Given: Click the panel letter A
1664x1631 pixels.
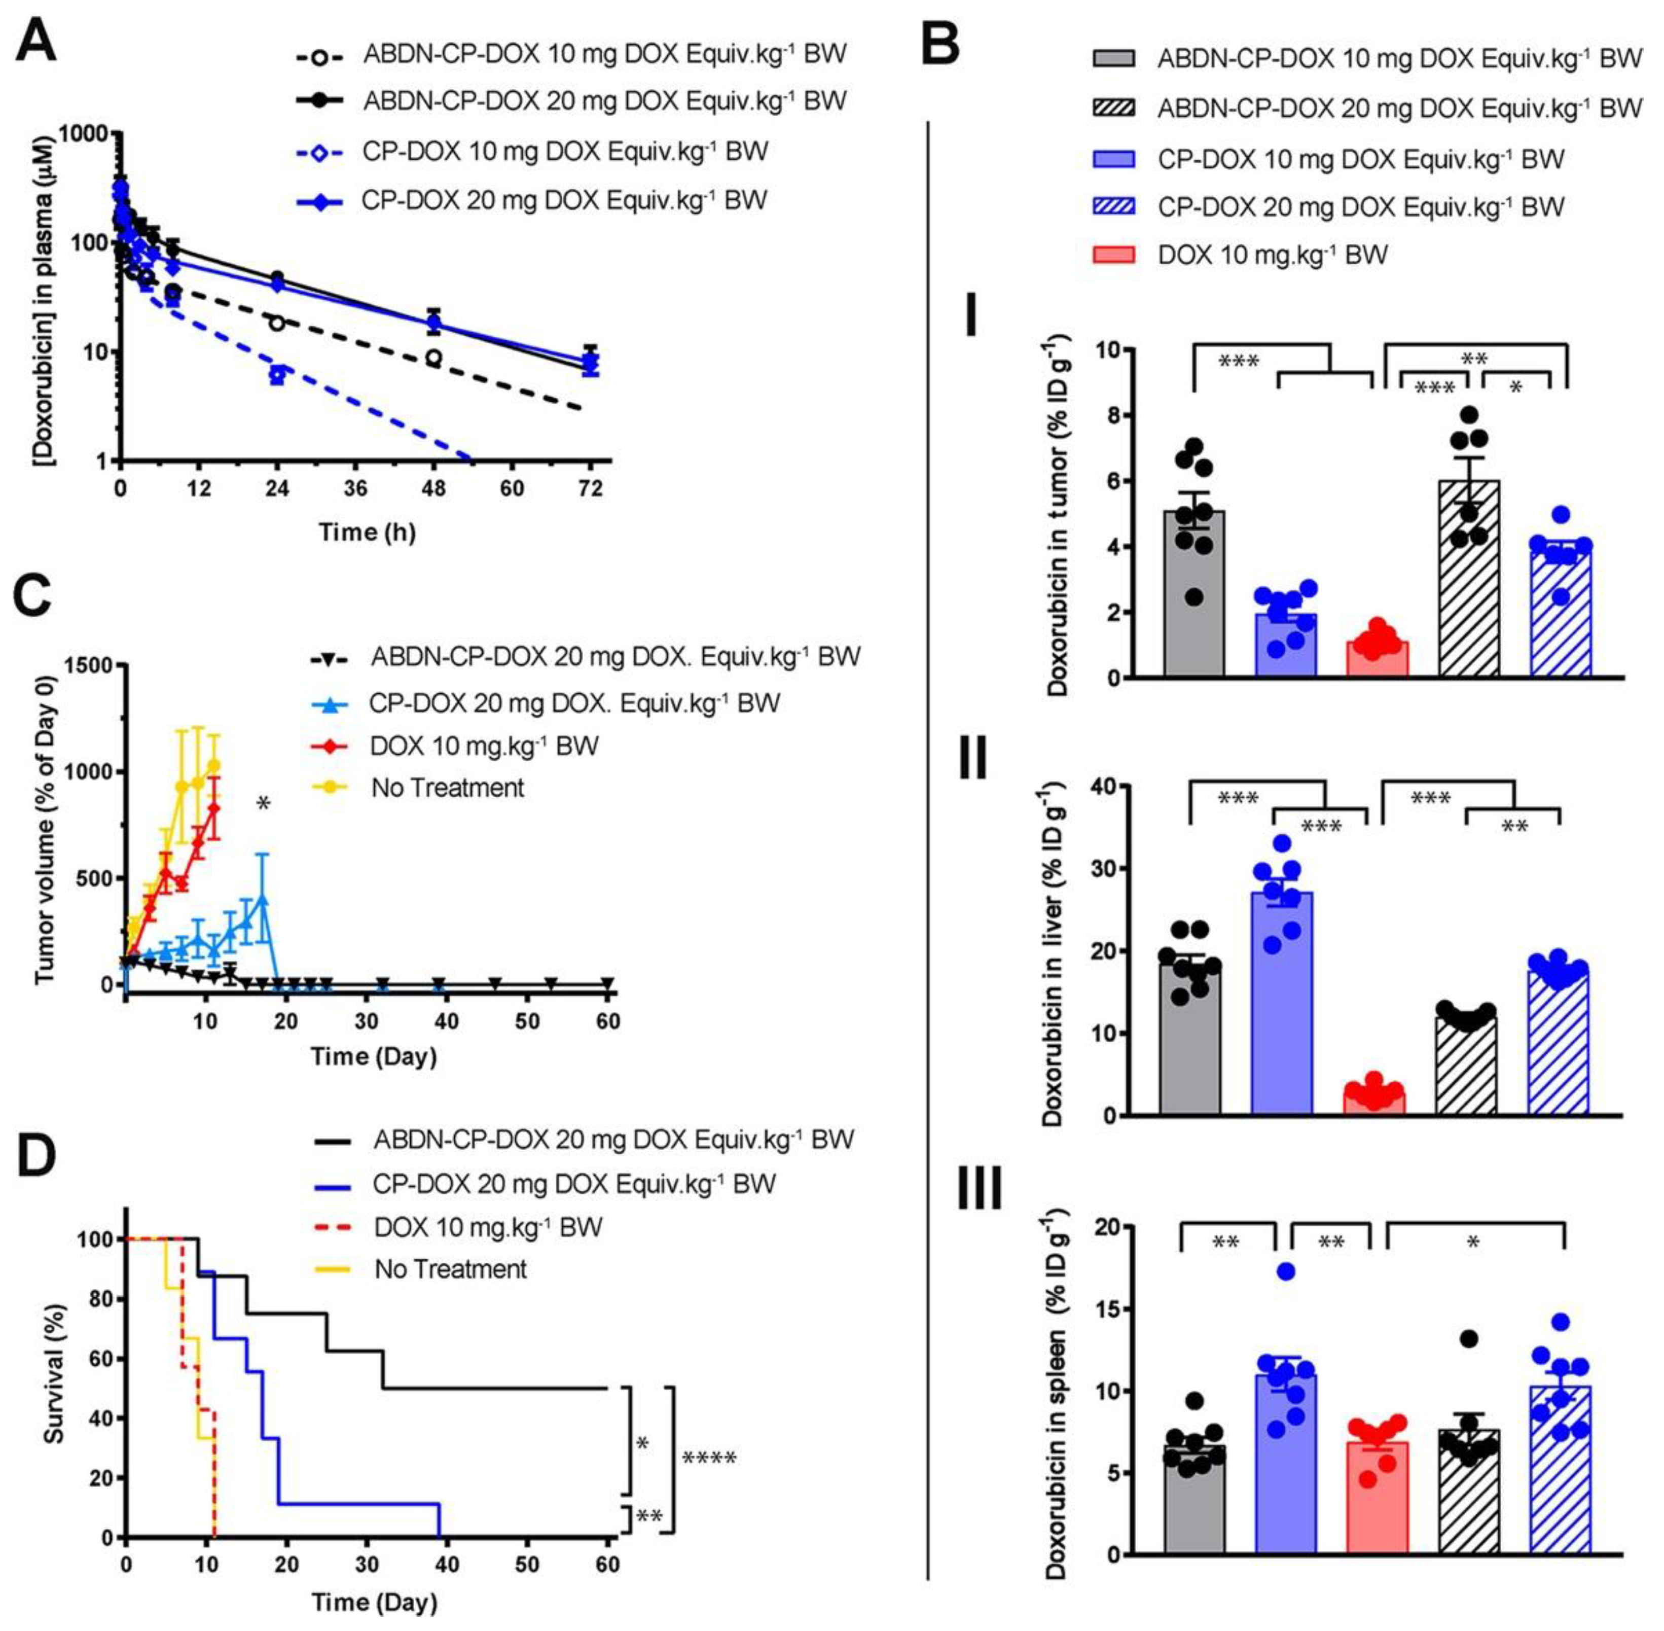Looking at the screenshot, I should (x=36, y=41).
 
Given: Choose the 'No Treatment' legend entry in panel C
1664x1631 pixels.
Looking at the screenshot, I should (x=447, y=787).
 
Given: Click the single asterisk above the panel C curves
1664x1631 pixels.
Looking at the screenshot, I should (x=263, y=803).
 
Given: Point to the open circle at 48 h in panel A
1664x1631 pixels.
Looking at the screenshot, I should (x=433, y=357).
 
